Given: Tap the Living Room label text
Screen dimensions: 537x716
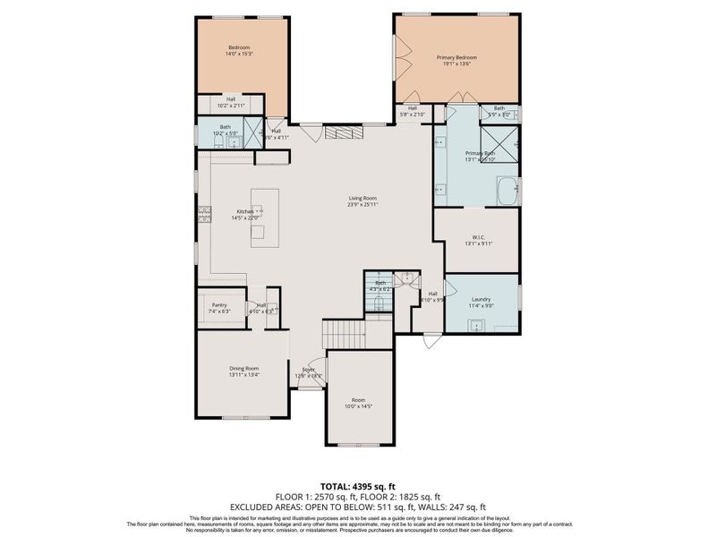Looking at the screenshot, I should tap(362, 198).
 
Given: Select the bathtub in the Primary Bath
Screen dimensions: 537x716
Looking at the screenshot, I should tap(508, 191).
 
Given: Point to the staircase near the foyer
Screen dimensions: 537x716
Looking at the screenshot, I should tap(344, 335).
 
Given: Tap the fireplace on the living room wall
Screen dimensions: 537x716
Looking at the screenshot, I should tap(343, 132).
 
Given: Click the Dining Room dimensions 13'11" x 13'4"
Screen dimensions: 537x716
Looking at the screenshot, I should tap(243, 375).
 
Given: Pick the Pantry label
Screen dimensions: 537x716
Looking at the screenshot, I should tap(219, 304).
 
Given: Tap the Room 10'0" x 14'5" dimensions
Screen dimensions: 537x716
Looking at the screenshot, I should tap(359, 406).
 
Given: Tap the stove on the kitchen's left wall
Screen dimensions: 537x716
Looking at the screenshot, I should tap(203, 214).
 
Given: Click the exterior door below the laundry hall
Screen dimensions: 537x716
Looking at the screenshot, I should tap(432, 341).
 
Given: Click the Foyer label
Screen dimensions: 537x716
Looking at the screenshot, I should tap(308, 369).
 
